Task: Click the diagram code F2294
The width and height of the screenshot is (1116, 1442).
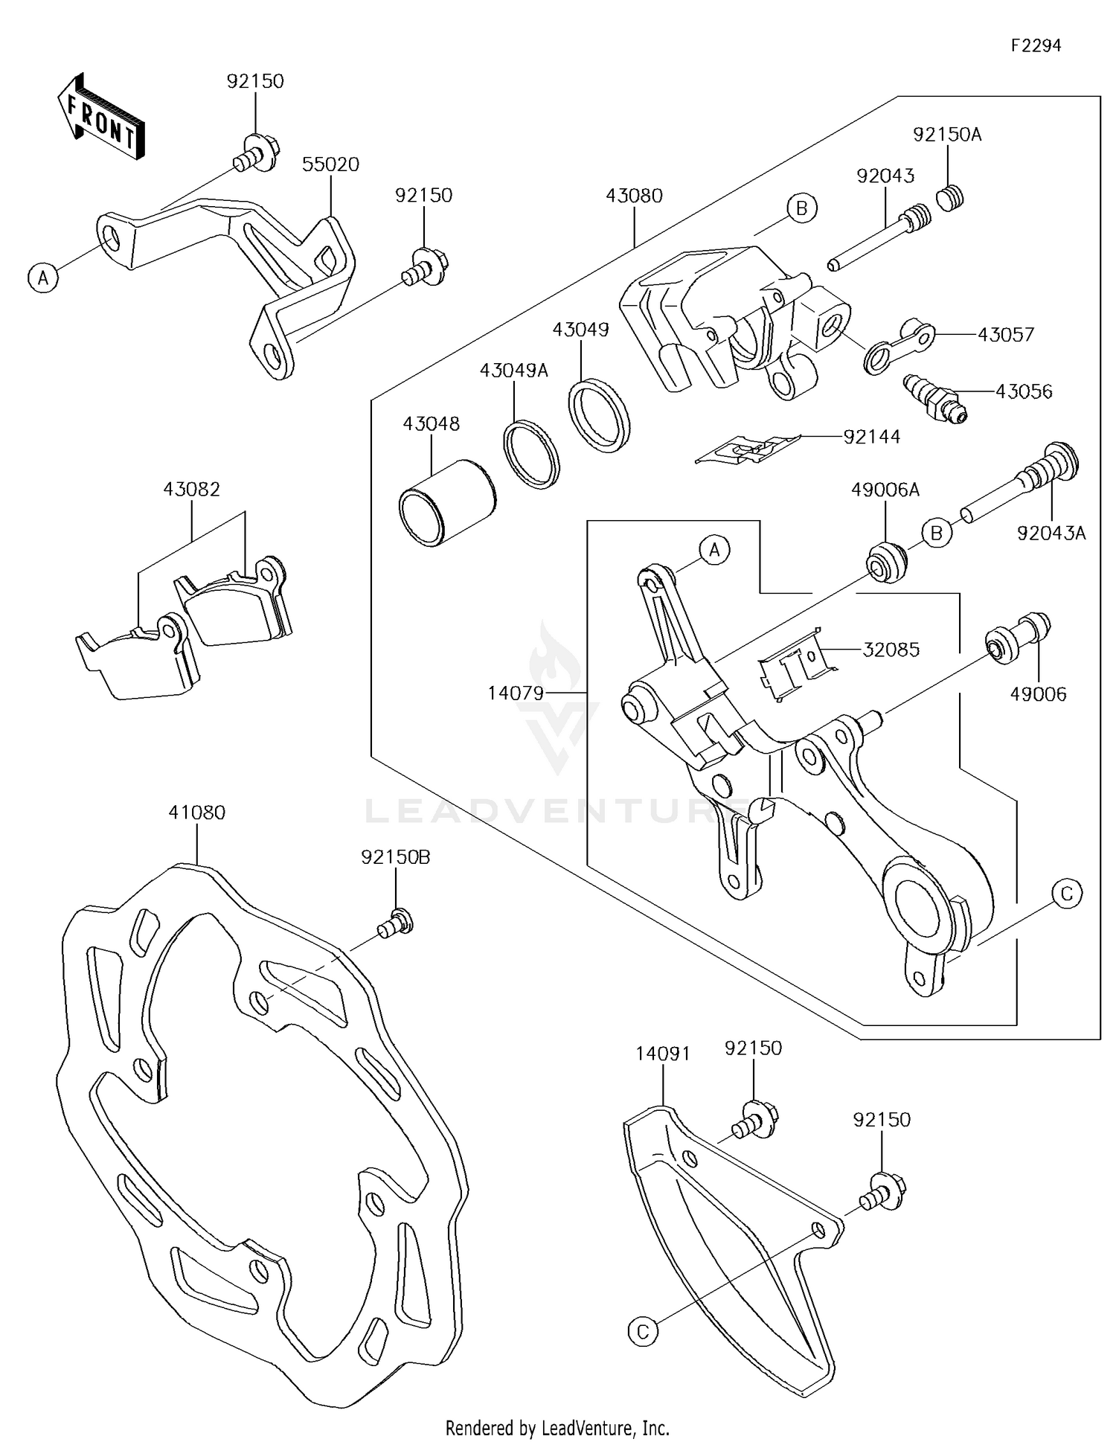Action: click(x=1036, y=45)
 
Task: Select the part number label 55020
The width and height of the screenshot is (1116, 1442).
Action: click(x=330, y=164)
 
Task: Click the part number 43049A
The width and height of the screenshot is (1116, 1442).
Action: click(x=513, y=371)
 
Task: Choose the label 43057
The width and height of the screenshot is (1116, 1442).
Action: click(x=1006, y=335)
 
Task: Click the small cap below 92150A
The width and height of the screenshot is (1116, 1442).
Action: click(x=949, y=198)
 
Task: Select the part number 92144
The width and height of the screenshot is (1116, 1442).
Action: click(x=872, y=437)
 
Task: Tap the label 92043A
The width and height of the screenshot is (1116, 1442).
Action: click(x=1051, y=533)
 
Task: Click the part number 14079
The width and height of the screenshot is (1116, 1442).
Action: click(x=516, y=693)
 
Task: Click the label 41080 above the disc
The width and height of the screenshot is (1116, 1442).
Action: click(x=196, y=813)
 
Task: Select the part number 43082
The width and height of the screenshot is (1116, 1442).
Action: click(x=192, y=490)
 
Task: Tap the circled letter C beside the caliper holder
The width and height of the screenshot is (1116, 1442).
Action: click(x=1067, y=893)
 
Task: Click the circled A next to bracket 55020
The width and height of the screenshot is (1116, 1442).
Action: click(x=43, y=278)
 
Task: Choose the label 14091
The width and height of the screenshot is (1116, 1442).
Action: click(x=663, y=1054)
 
